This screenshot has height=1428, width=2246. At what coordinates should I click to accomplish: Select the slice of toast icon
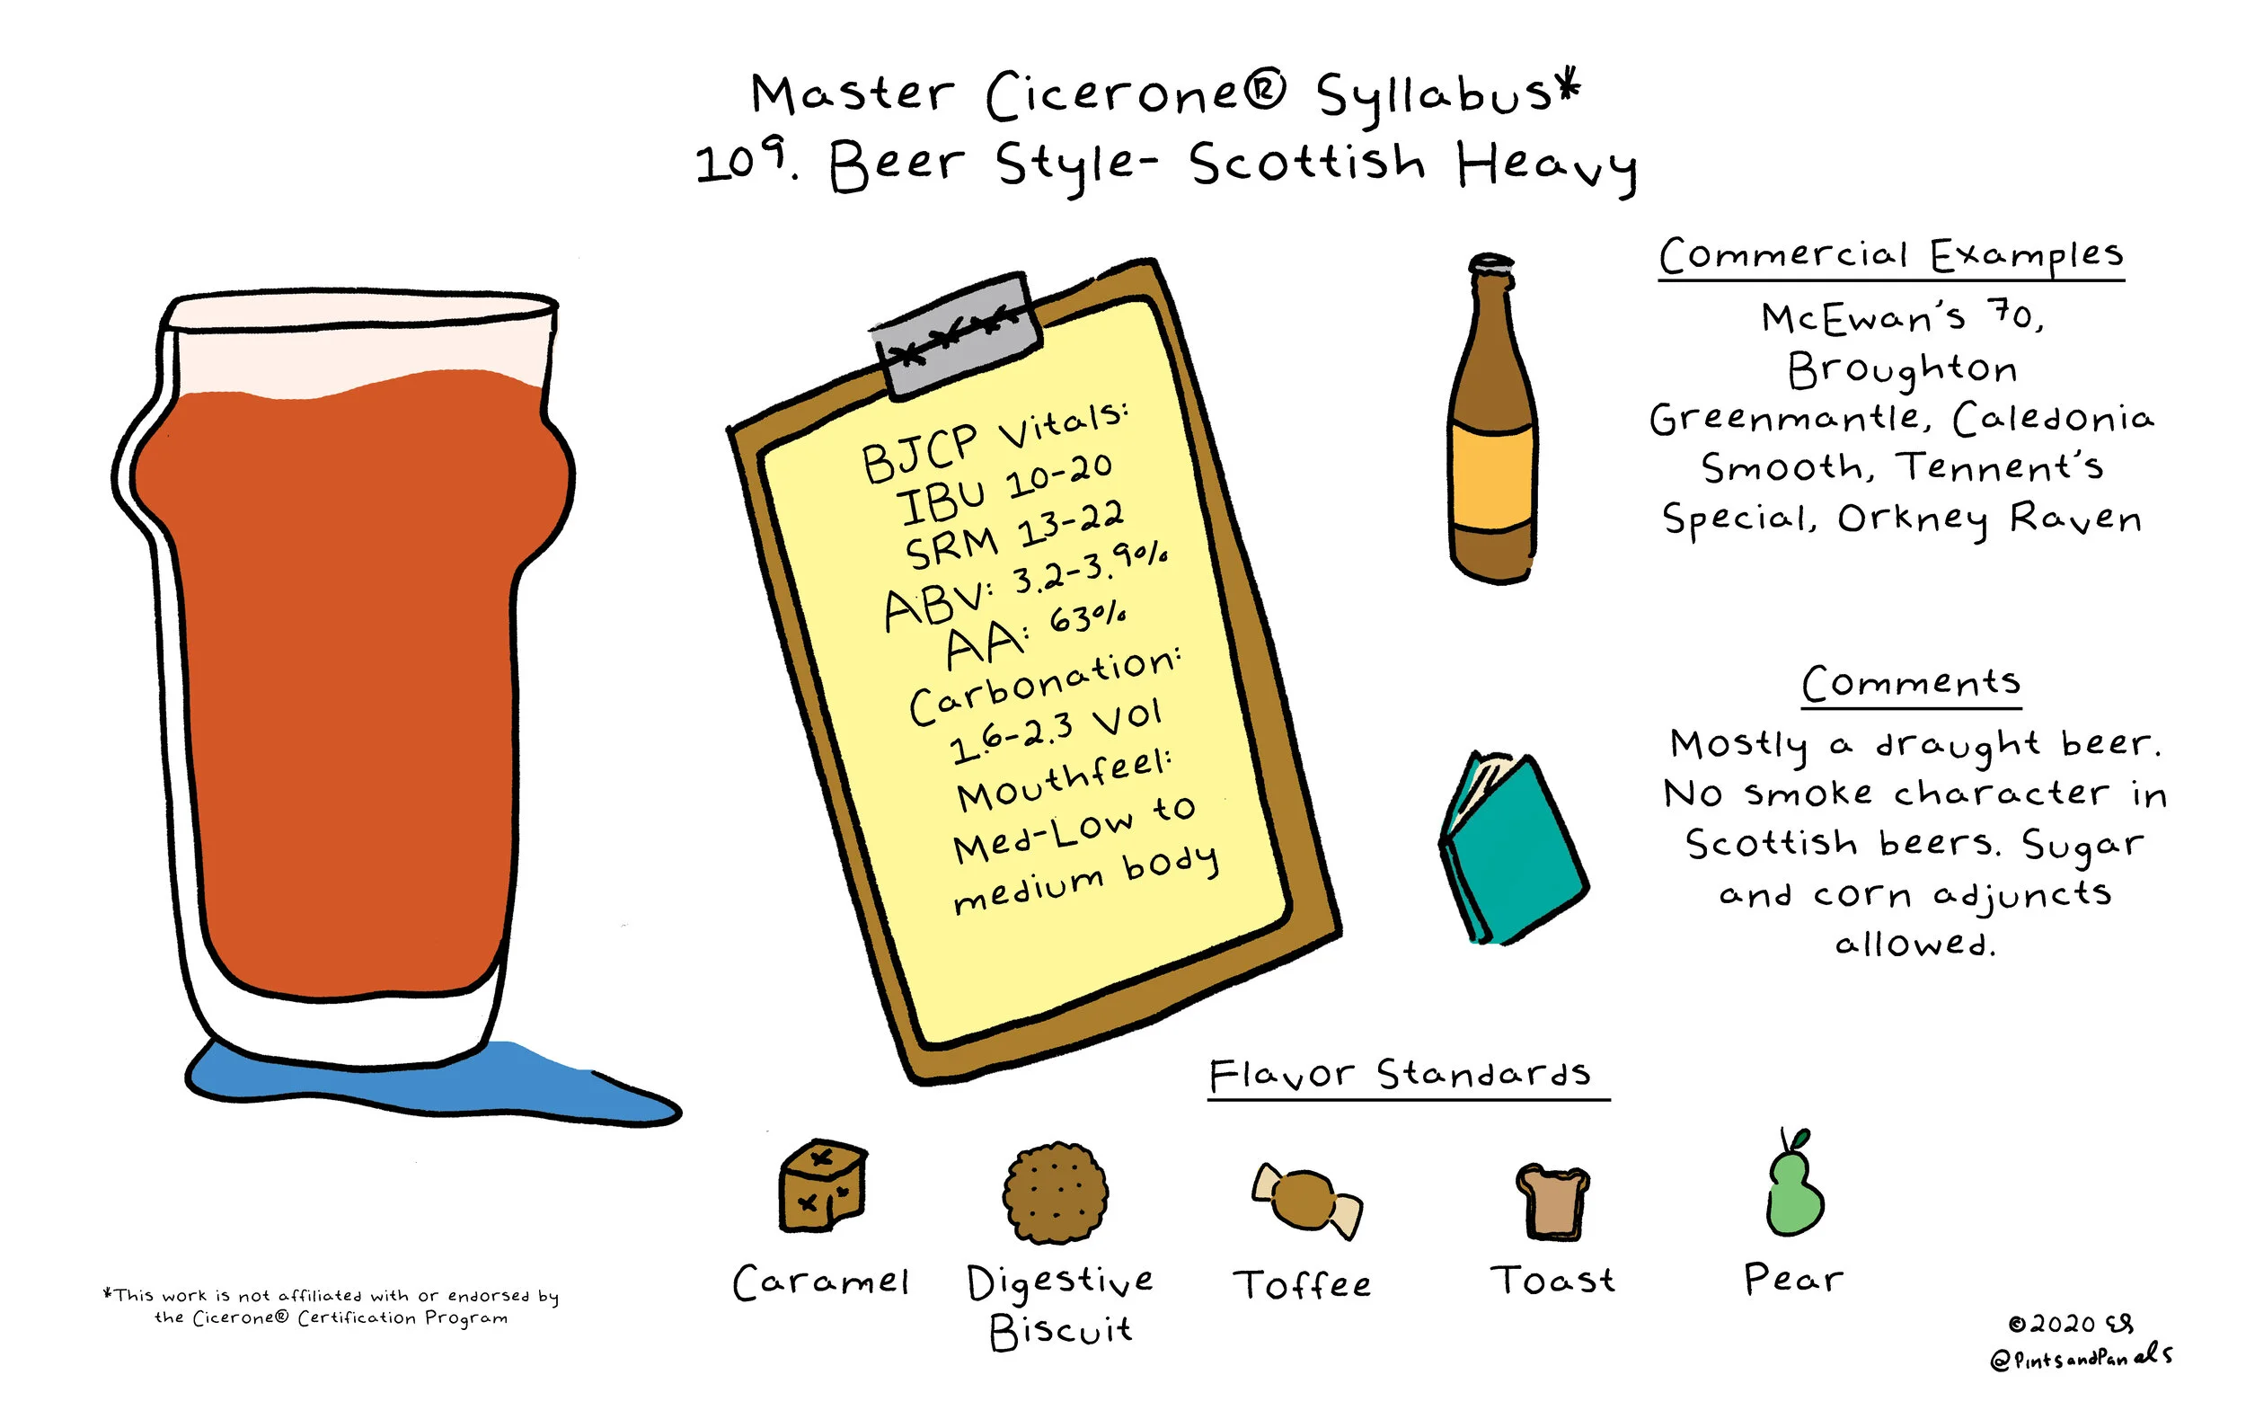click(x=1552, y=1202)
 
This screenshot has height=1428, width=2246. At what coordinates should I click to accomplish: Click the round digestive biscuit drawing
click(x=1055, y=1191)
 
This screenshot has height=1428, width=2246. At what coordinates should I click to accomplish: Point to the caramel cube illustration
click(x=822, y=1185)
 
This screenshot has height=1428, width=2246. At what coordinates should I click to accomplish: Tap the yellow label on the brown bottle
click(x=1491, y=478)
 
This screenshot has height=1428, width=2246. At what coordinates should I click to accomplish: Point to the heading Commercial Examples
click(x=1890, y=254)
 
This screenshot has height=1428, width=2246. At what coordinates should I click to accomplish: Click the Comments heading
click(x=1911, y=683)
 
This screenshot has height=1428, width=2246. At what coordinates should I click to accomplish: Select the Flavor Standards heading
click(x=1400, y=1075)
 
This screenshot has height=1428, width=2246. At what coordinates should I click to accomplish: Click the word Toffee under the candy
click(x=1303, y=1284)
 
